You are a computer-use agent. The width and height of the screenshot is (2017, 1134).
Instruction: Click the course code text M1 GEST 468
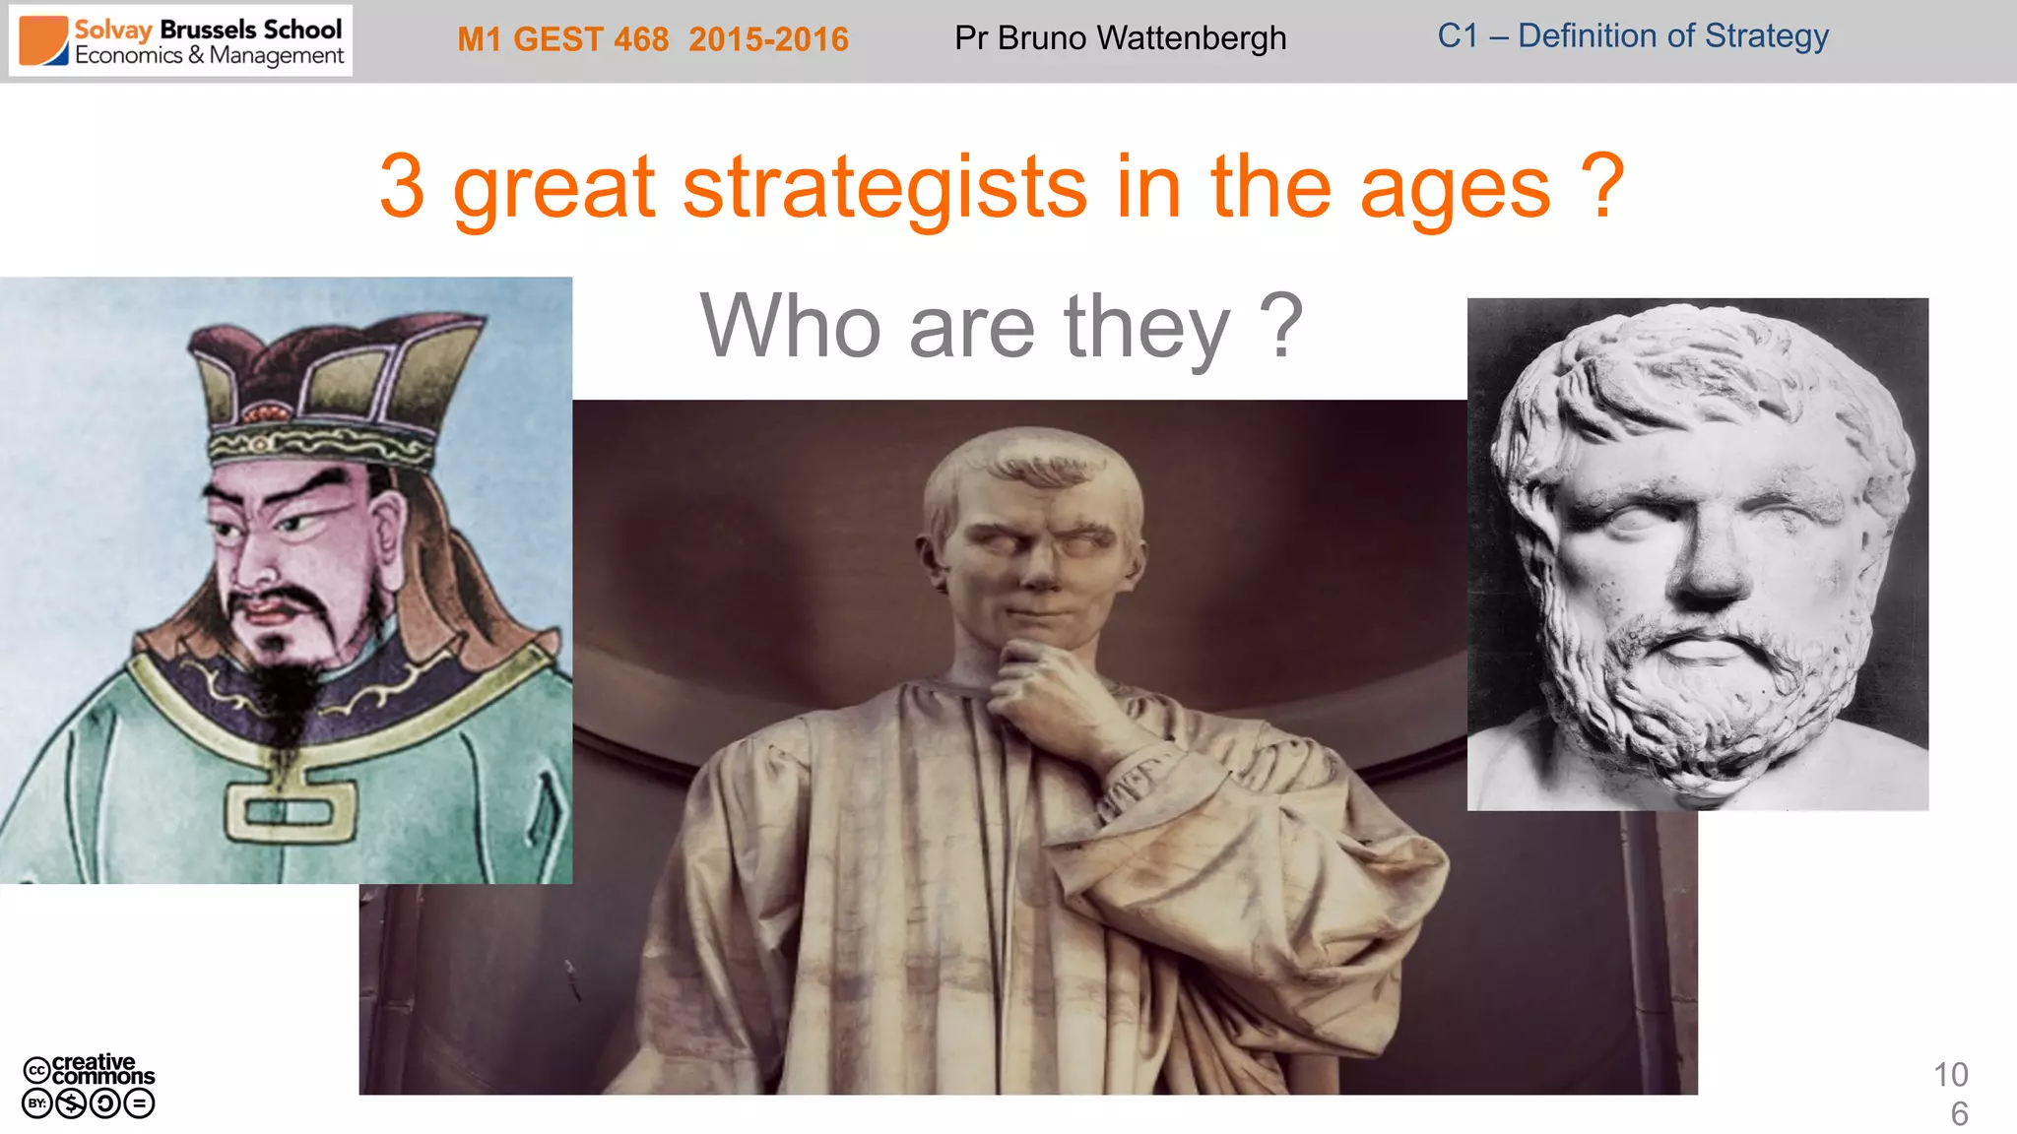(x=562, y=39)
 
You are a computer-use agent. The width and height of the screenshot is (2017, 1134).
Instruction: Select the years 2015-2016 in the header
(x=768, y=39)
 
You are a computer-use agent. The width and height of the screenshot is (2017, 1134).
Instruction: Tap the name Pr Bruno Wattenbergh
(x=1120, y=38)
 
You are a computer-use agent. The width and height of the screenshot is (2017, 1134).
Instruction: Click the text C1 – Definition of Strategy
(x=1632, y=36)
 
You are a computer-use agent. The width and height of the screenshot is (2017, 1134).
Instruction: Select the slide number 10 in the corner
(x=1950, y=1075)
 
